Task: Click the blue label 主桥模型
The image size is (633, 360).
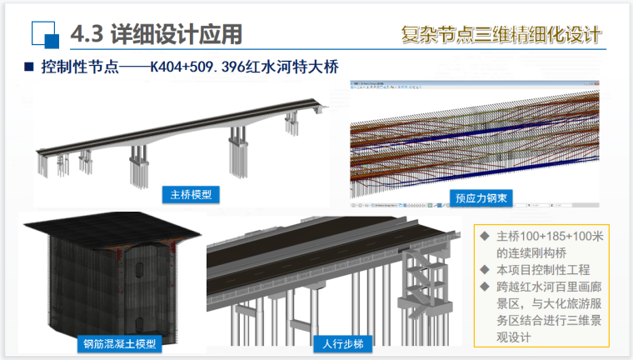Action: pos(190,195)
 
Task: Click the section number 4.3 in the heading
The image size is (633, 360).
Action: pos(87,34)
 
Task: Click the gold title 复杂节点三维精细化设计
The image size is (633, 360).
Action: pos(500,36)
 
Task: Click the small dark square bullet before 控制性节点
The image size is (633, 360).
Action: pos(27,67)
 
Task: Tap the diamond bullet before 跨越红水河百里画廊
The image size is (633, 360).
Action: pos(485,287)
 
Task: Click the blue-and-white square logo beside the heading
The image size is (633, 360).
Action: pos(44,34)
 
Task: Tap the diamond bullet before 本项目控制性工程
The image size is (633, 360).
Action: pos(485,270)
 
